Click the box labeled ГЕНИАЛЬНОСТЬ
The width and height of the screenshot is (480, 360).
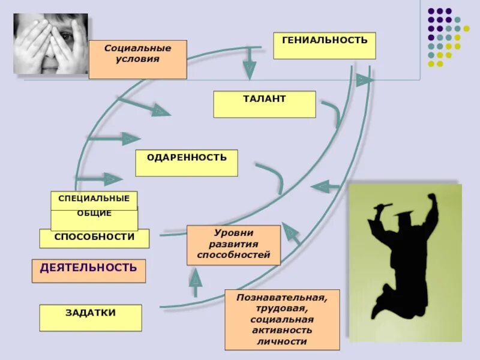point(324,46)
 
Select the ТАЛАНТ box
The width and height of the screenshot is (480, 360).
point(264,104)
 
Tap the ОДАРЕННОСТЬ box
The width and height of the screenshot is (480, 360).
point(186,163)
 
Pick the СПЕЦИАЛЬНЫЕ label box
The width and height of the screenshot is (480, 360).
point(94,199)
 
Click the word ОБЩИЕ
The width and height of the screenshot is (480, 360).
point(94,214)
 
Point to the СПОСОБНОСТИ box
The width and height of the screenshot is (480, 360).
point(94,238)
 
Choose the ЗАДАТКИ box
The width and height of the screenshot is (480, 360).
point(91,317)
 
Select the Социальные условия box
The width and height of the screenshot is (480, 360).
point(137,59)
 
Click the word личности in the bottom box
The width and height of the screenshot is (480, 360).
point(282,341)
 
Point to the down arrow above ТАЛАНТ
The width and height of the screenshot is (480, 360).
point(249,65)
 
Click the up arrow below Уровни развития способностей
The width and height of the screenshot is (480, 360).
point(196,282)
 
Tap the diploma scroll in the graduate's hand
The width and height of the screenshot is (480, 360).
point(383,206)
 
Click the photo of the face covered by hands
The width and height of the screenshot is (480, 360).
point(50,43)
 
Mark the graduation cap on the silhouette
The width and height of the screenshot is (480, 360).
point(404,213)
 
